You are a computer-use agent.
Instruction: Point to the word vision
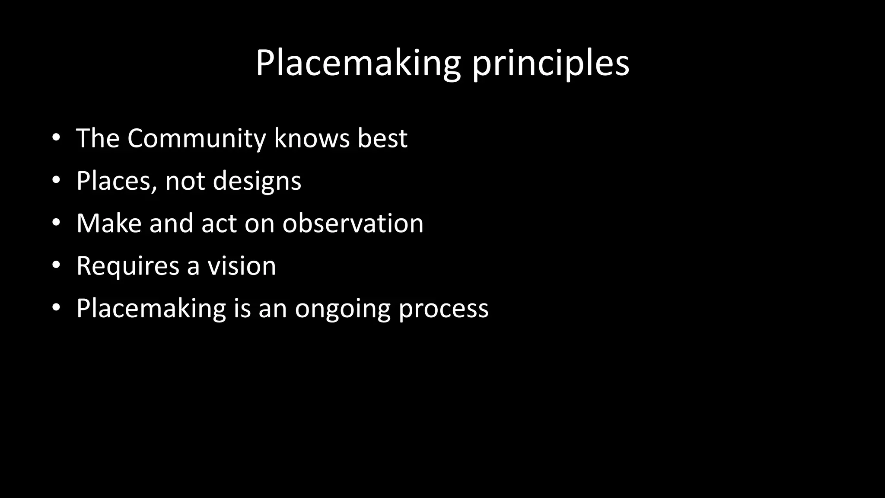(x=242, y=265)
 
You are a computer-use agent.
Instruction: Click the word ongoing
(x=343, y=309)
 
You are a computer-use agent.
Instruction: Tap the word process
(x=443, y=309)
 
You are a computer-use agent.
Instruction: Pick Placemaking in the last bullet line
(x=151, y=309)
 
